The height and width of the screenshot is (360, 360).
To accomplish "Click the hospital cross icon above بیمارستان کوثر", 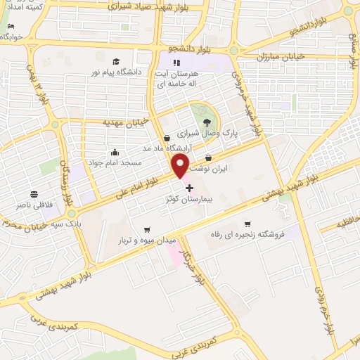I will pyautogui.click(x=188, y=188).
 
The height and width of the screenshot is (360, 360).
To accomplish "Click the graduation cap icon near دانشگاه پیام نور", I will pyautogui.click(x=117, y=61).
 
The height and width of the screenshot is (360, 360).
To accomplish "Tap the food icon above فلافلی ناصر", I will pyautogui.click(x=32, y=193).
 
